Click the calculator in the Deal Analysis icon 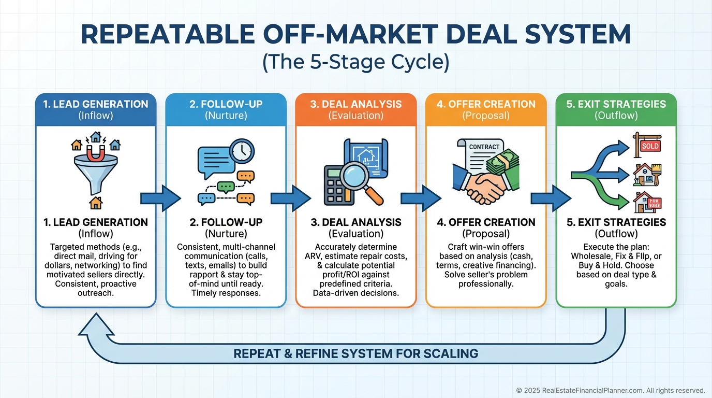[337, 184]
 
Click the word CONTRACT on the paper [484, 147]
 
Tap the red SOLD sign [650, 146]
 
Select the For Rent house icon [647, 202]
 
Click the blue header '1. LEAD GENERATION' [95, 104]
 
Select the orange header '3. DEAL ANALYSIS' [355, 104]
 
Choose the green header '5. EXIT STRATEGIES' [616, 104]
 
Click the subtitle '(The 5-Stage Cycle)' [355, 63]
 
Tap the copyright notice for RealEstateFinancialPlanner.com [611, 390]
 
